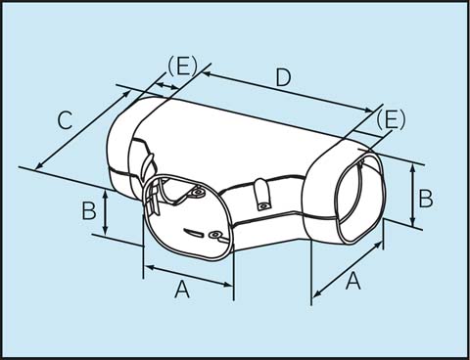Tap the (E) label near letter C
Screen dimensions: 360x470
point(182,66)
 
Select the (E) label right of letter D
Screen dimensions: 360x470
point(390,119)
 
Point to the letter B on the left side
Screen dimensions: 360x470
point(88,209)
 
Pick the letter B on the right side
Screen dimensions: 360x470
point(425,198)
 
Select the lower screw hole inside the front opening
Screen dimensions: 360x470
point(212,235)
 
